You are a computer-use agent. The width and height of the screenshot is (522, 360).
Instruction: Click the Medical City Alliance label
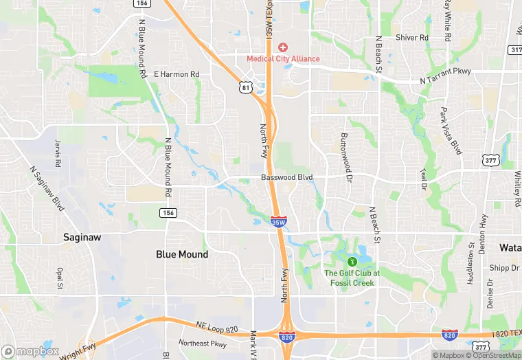click(283, 58)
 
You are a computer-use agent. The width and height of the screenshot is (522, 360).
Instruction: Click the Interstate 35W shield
click(279, 222)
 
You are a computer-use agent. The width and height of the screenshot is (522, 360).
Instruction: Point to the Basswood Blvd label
click(286, 177)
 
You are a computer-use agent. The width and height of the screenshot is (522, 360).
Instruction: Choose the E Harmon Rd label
click(177, 74)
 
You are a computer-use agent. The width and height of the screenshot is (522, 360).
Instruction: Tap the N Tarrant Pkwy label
click(446, 80)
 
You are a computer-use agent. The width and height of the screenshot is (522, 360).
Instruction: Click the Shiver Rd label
click(412, 38)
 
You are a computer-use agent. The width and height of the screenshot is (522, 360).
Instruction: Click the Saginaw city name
click(82, 237)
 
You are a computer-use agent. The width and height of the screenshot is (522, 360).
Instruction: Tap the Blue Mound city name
click(182, 254)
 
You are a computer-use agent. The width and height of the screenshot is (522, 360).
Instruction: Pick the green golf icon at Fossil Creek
click(352, 261)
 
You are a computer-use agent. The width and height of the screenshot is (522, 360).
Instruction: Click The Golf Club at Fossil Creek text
click(352, 278)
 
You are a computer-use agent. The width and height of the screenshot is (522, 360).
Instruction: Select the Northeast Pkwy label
click(202, 344)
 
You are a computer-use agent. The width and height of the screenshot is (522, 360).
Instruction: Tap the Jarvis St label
click(58, 153)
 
